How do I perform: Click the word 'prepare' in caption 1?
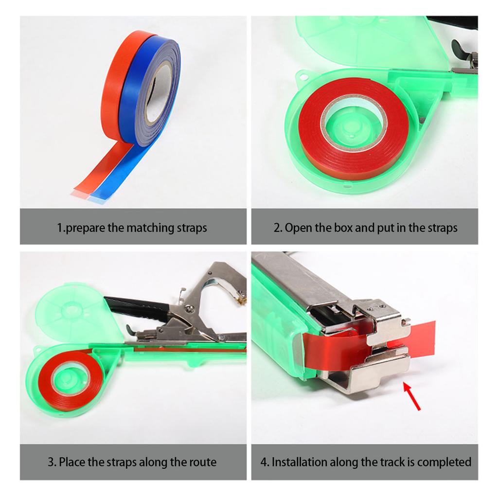(x=85, y=228)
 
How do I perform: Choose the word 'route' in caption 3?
(x=202, y=462)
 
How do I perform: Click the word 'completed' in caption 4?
(x=444, y=462)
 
